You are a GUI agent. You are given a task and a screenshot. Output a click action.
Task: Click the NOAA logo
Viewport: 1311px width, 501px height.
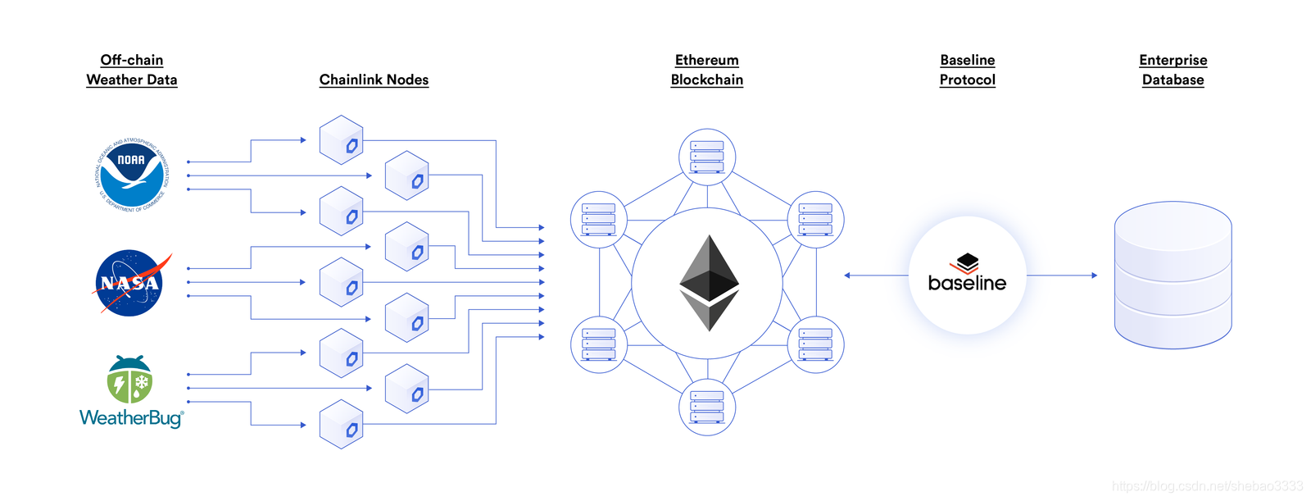click(131, 175)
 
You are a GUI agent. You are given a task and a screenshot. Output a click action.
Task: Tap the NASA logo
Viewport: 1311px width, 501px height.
click(130, 283)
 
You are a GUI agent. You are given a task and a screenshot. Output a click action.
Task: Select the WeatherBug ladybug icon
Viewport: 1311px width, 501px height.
click(129, 380)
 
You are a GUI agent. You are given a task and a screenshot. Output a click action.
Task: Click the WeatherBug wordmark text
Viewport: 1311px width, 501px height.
click(131, 417)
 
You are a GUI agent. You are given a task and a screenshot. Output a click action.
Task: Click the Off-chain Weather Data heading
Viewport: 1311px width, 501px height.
click(132, 70)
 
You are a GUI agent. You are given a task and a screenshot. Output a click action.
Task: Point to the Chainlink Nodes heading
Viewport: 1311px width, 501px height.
click(374, 80)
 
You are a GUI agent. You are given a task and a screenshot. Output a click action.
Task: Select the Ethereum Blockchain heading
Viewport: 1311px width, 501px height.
click(707, 70)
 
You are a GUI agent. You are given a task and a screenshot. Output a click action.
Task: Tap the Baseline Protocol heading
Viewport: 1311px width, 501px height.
click(968, 70)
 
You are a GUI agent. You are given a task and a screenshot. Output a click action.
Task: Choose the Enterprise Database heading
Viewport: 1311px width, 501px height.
click(1173, 70)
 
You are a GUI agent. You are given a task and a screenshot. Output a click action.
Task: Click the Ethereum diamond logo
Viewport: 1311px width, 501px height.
click(709, 283)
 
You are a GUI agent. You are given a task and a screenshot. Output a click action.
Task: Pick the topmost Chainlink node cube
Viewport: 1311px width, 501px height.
click(342, 140)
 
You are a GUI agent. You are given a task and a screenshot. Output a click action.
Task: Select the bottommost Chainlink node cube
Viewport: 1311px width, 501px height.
click(342, 424)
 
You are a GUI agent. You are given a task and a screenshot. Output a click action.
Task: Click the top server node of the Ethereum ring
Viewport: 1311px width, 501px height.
click(707, 157)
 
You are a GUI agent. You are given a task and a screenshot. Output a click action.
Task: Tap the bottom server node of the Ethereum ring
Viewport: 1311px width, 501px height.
click(707, 408)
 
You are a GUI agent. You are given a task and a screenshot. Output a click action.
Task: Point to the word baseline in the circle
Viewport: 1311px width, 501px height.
click(967, 283)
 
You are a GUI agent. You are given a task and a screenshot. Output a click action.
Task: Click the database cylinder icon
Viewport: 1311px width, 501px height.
click(1173, 275)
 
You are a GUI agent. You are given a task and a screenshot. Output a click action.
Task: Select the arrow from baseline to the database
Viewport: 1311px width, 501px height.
click(1062, 276)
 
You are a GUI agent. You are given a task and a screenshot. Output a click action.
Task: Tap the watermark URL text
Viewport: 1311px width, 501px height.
click(1207, 486)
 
